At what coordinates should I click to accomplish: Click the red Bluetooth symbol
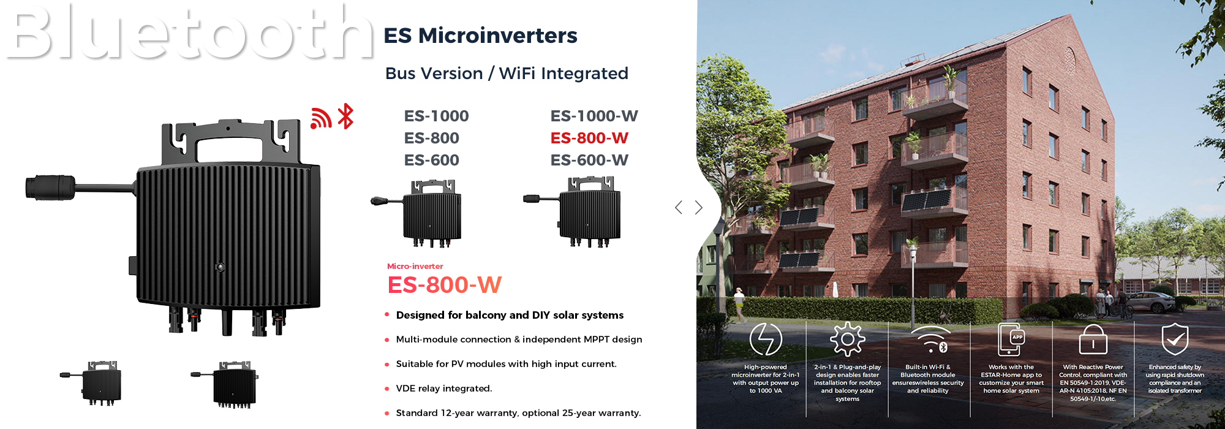pyautogui.click(x=346, y=116)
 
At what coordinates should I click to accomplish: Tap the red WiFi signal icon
pyautogui.click(x=320, y=118)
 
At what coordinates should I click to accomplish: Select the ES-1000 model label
pyautogui.click(x=436, y=116)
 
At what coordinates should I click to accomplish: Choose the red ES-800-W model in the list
pyautogui.click(x=589, y=138)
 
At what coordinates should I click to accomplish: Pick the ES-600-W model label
pyautogui.click(x=589, y=160)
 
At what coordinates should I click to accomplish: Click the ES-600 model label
pyautogui.click(x=432, y=160)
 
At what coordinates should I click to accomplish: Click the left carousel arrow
pyautogui.click(x=678, y=207)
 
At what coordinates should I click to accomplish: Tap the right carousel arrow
pyautogui.click(x=699, y=207)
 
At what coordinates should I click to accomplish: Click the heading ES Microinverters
pyautogui.click(x=480, y=36)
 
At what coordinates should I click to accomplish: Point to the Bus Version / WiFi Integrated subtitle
pyautogui.click(x=507, y=74)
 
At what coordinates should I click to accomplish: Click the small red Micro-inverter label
pyautogui.click(x=415, y=266)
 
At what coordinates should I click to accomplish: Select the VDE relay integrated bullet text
pyautogui.click(x=444, y=389)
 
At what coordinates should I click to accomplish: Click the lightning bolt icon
pyautogui.click(x=766, y=339)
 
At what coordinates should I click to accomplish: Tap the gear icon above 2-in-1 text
pyautogui.click(x=847, y=339)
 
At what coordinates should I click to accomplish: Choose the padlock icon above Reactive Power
pyautogui.click(x=1093, y=340)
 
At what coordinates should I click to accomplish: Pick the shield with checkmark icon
pyautogui.click(x=1175, y=339)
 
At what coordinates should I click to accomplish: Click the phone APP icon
pyautogui.click(x=1011, y=339)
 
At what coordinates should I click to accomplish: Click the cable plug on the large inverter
pyautogui.click(x=50, y=187)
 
